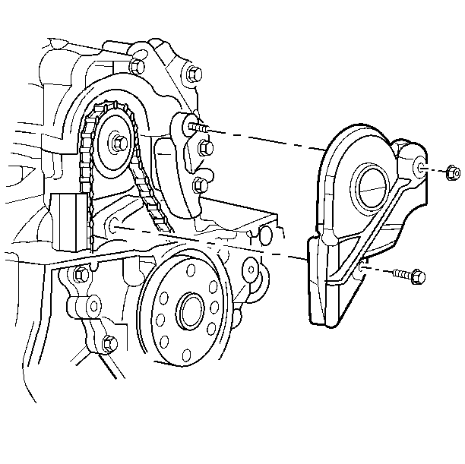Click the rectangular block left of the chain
point(69,219)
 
